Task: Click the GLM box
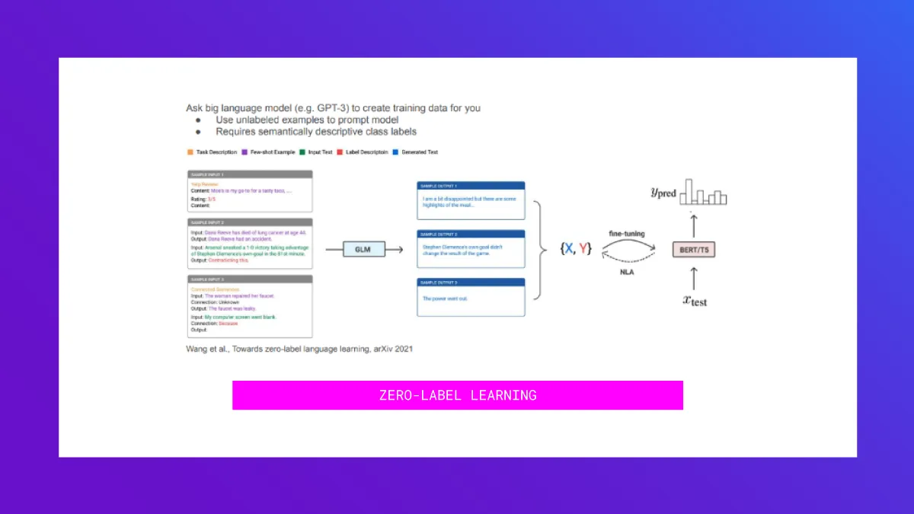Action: click(363, 249)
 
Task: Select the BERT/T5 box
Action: click(693, 249)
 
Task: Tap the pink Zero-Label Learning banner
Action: click(457, 395)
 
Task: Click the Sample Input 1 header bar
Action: click(249, 174)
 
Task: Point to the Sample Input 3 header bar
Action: click(249, 279)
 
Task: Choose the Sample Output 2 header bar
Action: click(471, 234)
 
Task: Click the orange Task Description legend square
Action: click(190, 152)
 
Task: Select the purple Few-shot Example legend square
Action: click(244, 152)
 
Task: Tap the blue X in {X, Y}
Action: click(567, 248)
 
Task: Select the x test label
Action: click(694, 300)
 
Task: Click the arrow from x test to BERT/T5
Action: click(694, 275)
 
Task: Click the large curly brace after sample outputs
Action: click(542, 249)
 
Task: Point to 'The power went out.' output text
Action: click(446, 299)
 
